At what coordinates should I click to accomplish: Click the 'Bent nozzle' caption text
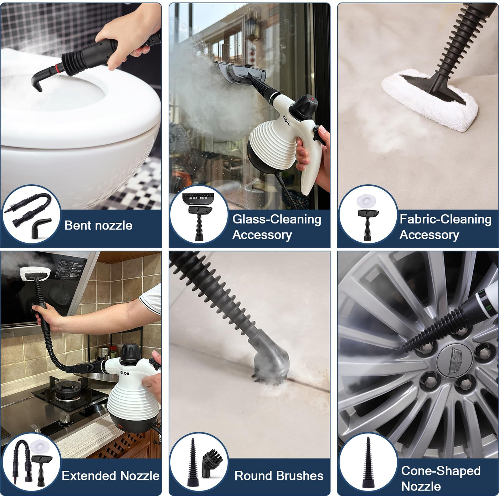click(98, 226)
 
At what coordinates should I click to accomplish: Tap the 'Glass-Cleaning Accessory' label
click(277, 227)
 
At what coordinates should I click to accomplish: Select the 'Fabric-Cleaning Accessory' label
click(446, 227)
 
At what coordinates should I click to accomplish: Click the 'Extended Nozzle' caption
click(110, 476)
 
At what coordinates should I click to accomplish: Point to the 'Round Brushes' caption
click(279, 476)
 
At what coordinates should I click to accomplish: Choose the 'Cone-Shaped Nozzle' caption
click(441, 478)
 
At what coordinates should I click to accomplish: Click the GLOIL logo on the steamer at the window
click(286, 120)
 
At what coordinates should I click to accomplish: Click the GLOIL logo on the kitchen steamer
click(125, 373)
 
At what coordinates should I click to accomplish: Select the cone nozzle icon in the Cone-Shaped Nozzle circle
click(367, 463)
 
